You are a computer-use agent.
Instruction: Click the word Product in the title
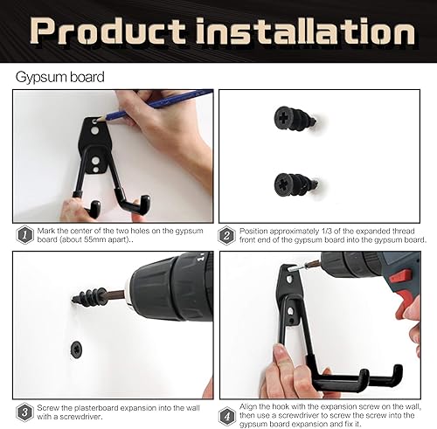click(108, 31)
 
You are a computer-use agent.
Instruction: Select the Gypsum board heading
click(59, 77)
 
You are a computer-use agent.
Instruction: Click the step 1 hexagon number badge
click(24, 235)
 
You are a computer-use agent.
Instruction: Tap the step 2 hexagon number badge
click(226, 235)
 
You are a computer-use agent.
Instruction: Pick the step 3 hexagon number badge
click(24, 412)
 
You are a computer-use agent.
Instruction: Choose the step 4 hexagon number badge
click(227, 416)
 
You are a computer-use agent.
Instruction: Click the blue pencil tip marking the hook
click(99, 119)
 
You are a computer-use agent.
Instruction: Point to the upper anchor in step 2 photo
click(295, 119)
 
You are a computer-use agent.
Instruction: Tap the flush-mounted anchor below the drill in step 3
click(77, 349)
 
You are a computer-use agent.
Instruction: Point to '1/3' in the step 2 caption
click(327, 232)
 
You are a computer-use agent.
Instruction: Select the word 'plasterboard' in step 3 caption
click(94, 408)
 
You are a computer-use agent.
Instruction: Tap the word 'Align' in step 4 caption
click(248, 406)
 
